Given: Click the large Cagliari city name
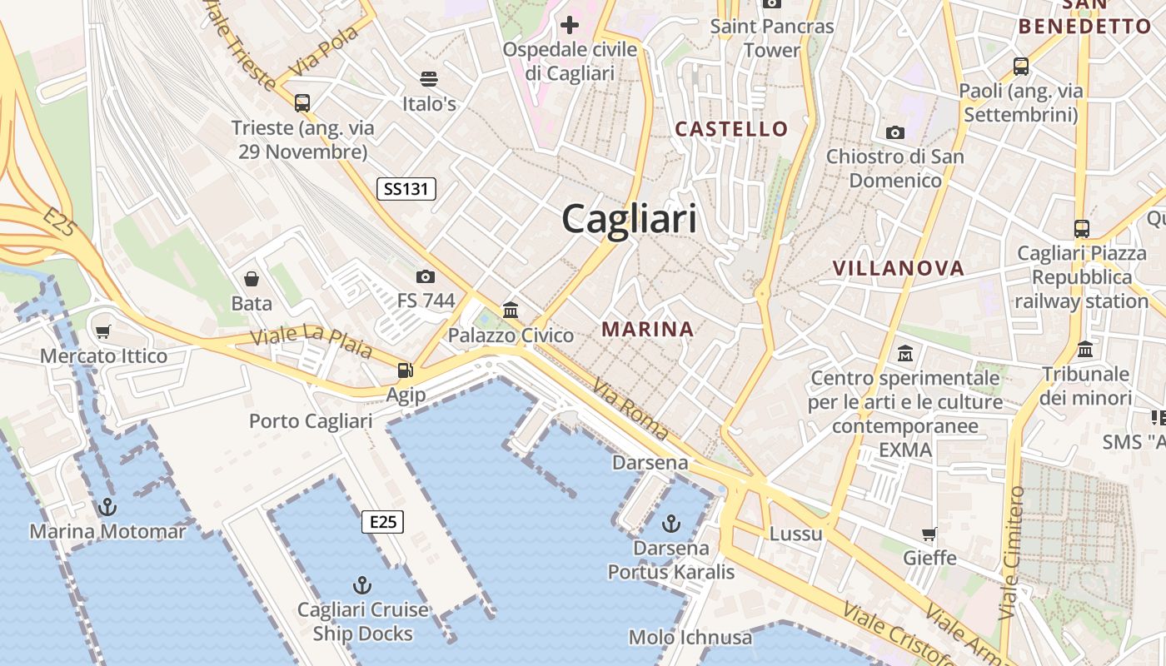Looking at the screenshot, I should coord(629,220).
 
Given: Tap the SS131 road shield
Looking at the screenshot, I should coord(406,189).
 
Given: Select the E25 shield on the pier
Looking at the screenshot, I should coord(382,522).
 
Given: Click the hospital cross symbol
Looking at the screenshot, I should coord(570,25).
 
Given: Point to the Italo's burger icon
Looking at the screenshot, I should coord(429,79).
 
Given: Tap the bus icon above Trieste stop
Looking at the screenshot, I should coord(302,103).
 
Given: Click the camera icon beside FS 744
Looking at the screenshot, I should coord(426,276).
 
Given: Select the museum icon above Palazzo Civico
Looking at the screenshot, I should coord(511,311).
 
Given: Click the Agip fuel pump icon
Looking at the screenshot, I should coord(406,370).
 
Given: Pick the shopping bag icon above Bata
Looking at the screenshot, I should coord(252,279).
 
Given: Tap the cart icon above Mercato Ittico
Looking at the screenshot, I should coord(103,332).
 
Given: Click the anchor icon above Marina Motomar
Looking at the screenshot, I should coord(107,506).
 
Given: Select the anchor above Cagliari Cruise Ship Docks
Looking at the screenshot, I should coord(362,584).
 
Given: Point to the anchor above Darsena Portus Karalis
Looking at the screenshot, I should coord(670,524).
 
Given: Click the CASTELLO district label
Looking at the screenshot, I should coord(731,129).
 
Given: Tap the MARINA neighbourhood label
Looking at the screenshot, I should coord(648,330).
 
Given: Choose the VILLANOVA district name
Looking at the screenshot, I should coord(899,268).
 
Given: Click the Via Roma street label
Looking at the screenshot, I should coord(630,409).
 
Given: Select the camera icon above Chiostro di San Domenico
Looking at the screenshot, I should coord(895,132).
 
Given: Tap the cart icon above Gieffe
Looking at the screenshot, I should coord(929,534).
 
